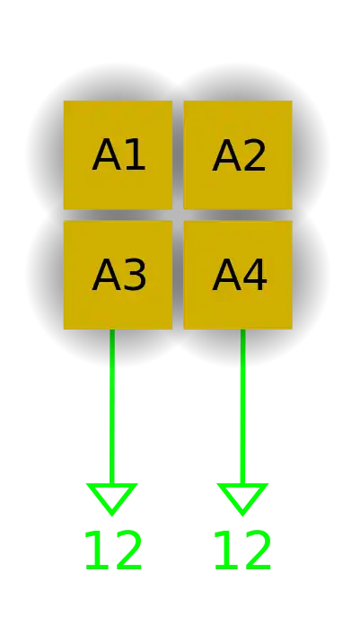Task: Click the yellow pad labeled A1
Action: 118,154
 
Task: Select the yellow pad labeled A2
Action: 238,154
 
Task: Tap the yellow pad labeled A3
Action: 118,275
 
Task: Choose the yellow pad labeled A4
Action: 238,275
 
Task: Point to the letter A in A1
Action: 106,155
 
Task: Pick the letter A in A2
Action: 226,155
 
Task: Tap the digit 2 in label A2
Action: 255,155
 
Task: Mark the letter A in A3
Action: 106,275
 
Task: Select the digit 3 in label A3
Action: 136,275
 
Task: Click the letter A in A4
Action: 226,275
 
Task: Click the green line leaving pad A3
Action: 112,407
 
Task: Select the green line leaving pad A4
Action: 242,407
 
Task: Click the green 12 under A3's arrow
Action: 113,550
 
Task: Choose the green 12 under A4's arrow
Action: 242,550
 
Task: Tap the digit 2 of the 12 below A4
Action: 258,550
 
